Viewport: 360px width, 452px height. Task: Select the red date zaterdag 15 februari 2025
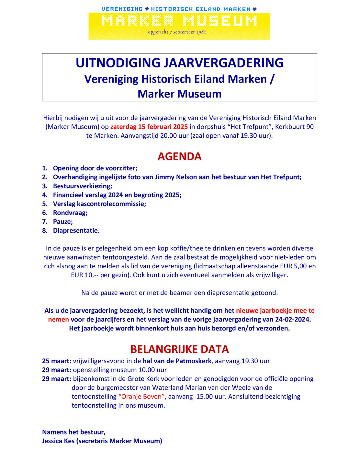(x=149, y=127)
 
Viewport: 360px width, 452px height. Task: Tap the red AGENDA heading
(x=179, y=156)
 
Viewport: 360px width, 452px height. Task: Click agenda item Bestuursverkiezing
(x=83, y=186)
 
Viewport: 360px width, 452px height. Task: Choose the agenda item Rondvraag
(x=70, y=213)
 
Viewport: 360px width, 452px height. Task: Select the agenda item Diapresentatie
(x=76, y=230)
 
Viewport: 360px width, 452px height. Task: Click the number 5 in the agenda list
(x=45, y=204)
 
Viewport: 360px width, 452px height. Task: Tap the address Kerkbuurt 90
(x=294, y=127)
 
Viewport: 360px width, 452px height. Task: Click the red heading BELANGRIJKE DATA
(x=179, y=349)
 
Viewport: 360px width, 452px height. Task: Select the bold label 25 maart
(x=56, y=361)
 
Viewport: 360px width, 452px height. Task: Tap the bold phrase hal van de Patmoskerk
(x=177, y=361)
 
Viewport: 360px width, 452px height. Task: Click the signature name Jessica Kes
(x=58, y=441)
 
